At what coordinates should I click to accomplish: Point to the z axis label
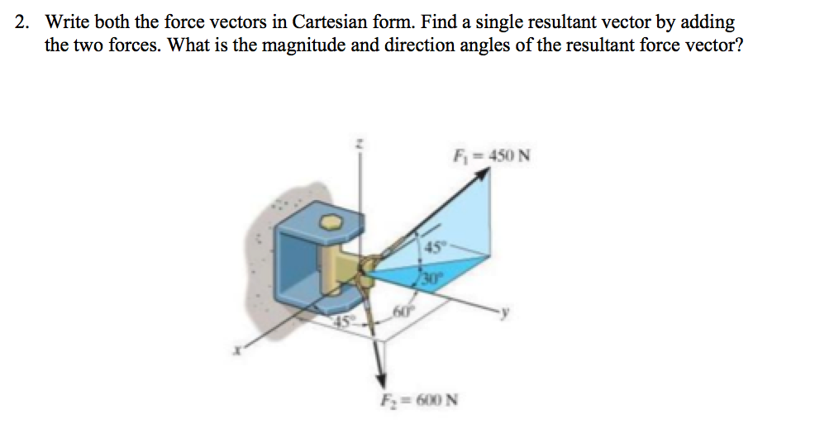359,144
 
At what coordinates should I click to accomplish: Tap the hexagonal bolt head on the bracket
331,223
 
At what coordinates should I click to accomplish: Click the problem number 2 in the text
22,22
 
